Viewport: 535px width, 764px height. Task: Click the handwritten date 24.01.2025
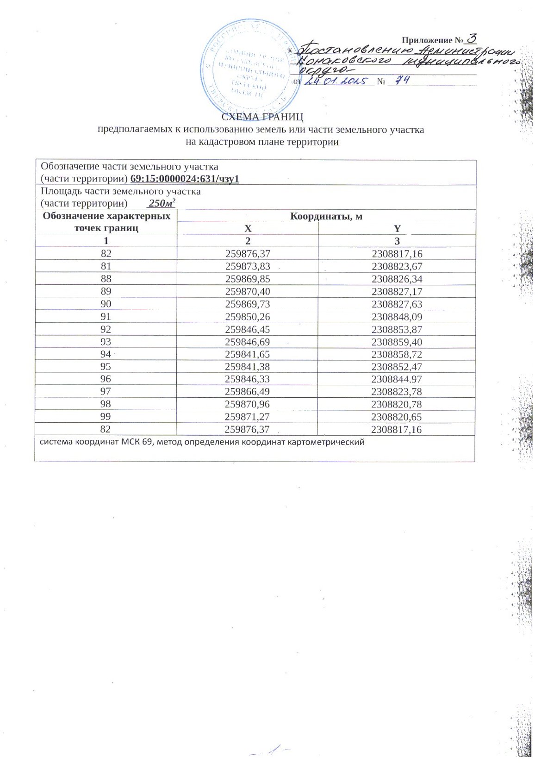[339, 81]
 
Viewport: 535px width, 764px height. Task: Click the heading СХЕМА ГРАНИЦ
[262, 118]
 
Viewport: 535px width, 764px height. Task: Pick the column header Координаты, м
[326, 216]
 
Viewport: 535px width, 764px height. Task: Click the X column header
[248, 228]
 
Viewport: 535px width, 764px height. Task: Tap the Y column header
[397, 228]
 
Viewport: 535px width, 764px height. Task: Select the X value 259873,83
[248, 266]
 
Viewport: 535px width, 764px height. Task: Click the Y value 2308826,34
[397, 279]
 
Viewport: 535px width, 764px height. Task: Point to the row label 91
[106, 317]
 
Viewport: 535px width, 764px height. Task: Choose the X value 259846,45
[248, 329]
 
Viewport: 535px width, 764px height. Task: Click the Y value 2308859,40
[397, 342]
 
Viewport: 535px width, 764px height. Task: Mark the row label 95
[106, 367]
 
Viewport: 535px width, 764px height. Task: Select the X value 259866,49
[248, 392]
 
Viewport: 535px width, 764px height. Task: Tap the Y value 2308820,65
[397, 417]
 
